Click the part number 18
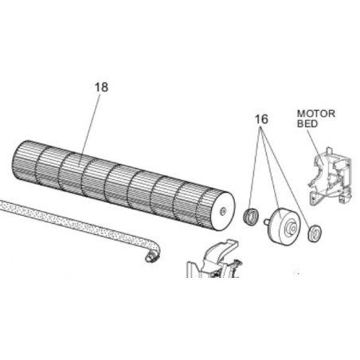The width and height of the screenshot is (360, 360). point(101,87)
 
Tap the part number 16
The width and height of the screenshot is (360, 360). point(261,119)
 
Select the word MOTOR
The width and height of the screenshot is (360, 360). point(316,114)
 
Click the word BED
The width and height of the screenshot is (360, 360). point(307,123)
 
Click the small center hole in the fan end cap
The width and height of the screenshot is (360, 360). point(222,211)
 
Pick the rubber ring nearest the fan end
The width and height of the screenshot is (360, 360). point(251,216)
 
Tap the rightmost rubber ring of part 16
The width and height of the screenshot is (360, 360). point(315,233)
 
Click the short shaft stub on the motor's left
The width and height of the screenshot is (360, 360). point(266,221)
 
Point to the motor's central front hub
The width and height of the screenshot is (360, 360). point(292,229)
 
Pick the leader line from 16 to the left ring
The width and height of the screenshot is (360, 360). point(256,169)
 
